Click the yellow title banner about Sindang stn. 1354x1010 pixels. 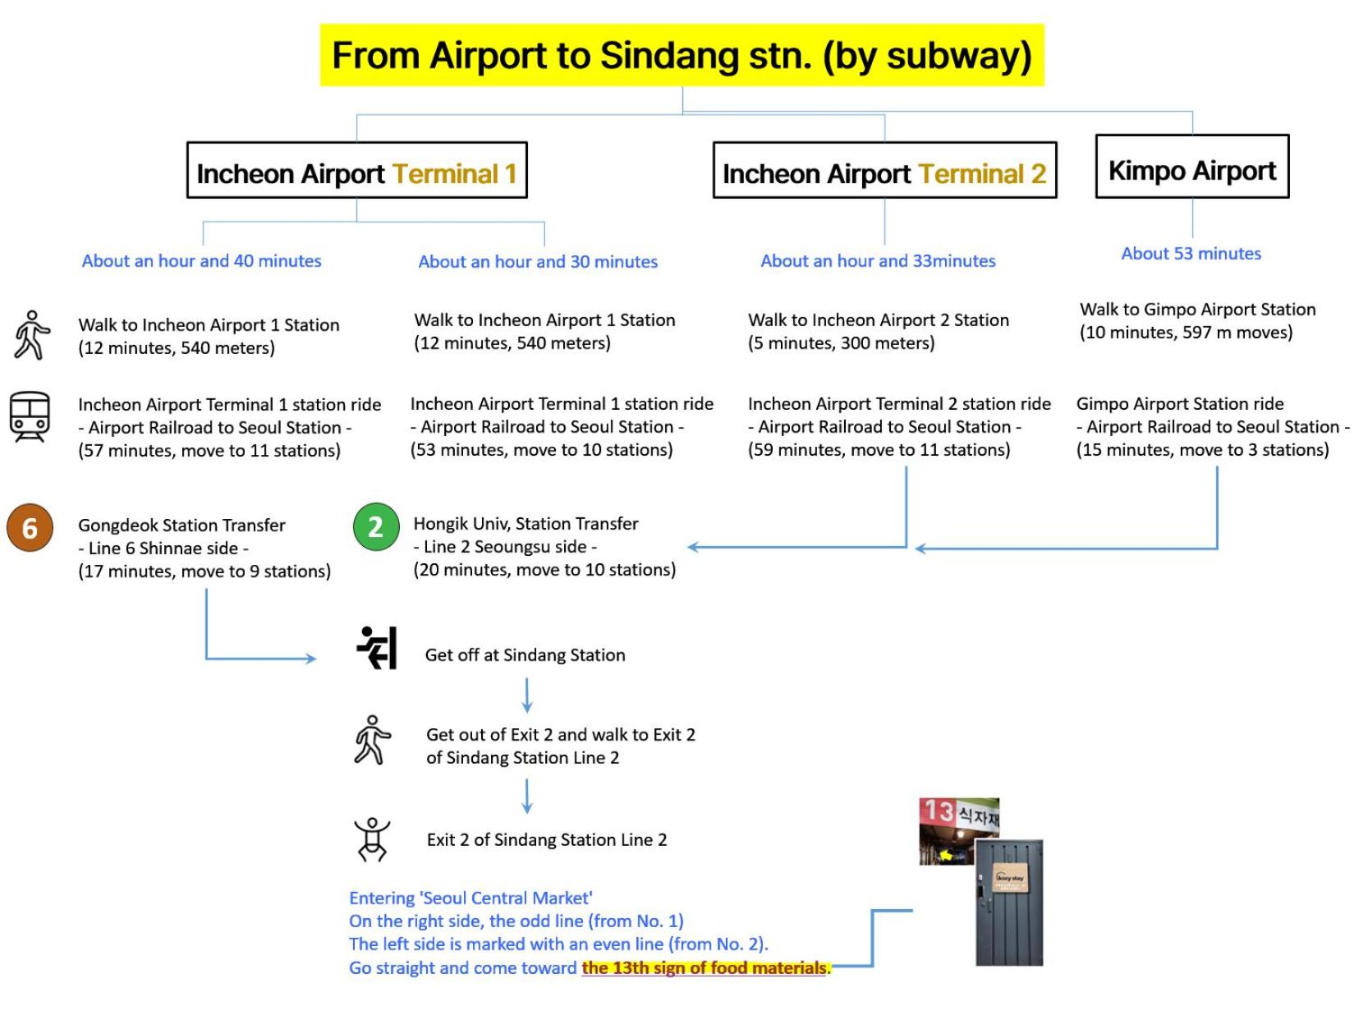[681, 55]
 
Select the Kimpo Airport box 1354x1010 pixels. [1191, 166]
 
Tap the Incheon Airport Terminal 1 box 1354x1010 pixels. [356, 170]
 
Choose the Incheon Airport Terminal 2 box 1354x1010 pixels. [884, 170]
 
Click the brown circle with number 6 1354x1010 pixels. [30, 527]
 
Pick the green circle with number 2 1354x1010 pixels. [376, 526]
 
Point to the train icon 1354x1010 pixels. [30, 417]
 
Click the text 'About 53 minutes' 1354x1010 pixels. [1190, 254]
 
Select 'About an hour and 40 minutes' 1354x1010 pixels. [202, 261]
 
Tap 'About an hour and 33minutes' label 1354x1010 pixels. [877, 261]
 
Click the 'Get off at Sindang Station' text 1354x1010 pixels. [525, 654]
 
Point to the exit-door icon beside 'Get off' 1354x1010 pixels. [376, 647]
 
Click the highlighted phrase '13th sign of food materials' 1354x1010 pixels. [704, 966]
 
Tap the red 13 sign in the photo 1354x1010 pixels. [939, 810]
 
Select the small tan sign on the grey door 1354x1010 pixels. [1010, 878]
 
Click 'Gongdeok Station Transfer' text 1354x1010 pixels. [181, 525]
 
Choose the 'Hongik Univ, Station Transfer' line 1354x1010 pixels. [526, 523]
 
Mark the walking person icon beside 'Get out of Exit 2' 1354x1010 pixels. [372, 739]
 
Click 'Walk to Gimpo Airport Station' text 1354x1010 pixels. [1196, 309]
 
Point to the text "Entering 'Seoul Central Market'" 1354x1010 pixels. [470, 898]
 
